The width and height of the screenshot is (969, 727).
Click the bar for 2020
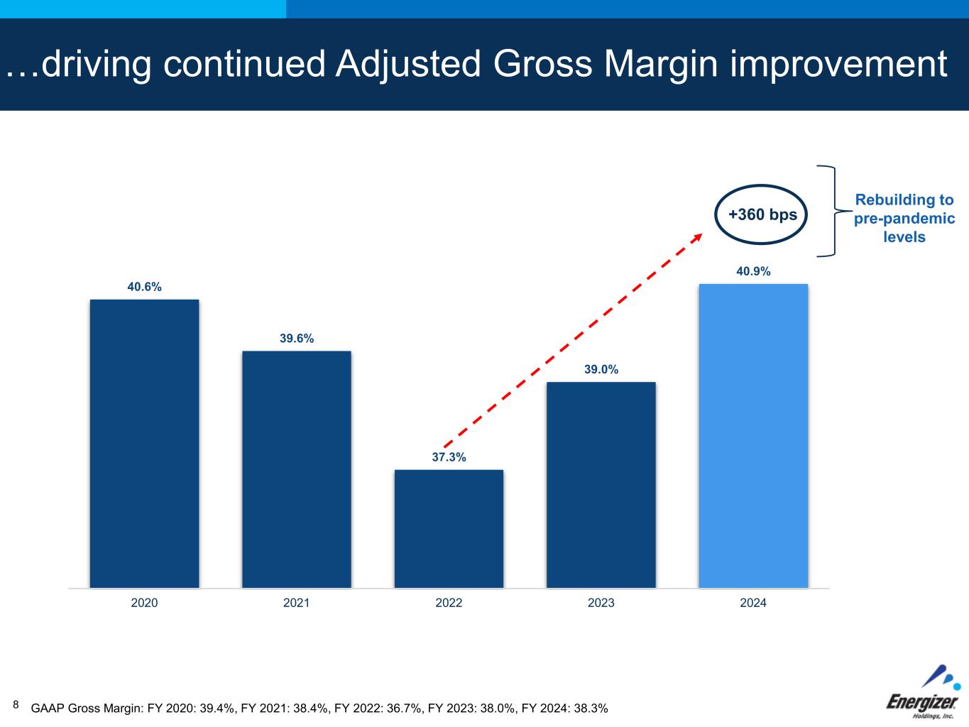click(x=144, y=444)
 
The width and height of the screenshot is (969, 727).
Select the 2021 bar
click(x=296, y=469)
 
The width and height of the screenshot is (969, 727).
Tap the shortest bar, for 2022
click(x=449, y=529)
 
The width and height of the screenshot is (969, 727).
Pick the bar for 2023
click(x=601, y=485)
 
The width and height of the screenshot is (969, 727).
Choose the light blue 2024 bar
click(x=753, y=436)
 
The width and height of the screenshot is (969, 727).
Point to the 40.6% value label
click(x=144, y=287)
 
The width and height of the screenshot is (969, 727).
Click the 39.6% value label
click(x=296, y=339)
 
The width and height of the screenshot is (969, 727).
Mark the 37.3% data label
click(x=449, y=457)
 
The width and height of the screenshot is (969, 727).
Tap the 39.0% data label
click(x=601, y=369)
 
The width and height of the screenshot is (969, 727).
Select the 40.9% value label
click(x=753, y=271)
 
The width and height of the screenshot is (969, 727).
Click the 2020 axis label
click(x=144, y=603)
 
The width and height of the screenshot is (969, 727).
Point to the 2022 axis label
click(x=449, y=603)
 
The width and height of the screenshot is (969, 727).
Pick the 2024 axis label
click(x=753, y=603)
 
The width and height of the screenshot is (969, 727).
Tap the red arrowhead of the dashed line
click(x=697, y=237)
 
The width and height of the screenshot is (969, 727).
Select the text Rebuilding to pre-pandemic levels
click(x=904, y=219)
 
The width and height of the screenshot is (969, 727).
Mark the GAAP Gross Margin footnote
click(x=319, y=708)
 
